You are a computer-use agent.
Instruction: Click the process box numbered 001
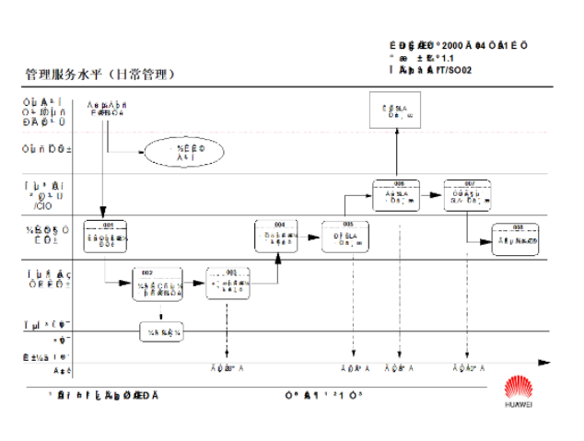point(104,236)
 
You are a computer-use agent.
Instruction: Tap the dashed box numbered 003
point(228,283)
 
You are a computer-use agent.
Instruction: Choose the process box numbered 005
point(347,236)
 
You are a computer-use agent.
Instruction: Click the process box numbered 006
point(398,196)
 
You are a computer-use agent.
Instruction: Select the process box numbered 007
point(469,196)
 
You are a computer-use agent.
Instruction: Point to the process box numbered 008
point(517,238)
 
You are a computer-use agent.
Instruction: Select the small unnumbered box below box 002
point(162,331)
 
